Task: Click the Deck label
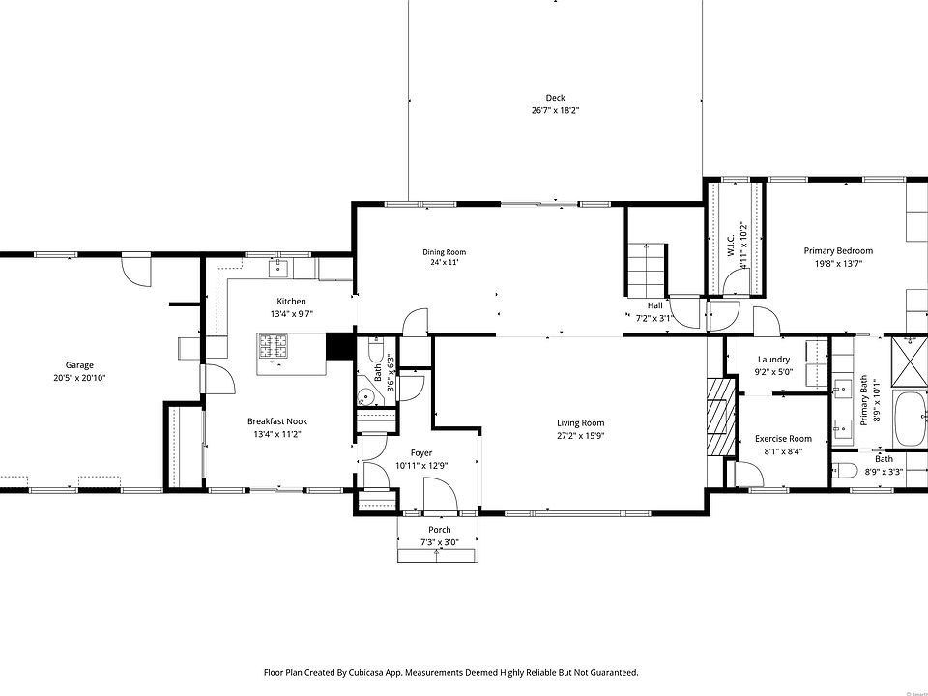click(x=555, y=98)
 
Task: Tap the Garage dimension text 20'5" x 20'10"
click(x=79, y=378)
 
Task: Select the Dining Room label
click(x=444, y=252)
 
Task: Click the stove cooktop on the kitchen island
click(x=273, y=346)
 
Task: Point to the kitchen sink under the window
click(x=278, y=268)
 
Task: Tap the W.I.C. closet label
click(x=731, y=246)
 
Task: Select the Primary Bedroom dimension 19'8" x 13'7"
click(x=838, y=264)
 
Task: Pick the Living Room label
click(x=581, y=423)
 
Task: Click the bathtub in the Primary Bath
click(x=911, y=419)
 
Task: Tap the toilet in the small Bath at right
click(x=845, y=471)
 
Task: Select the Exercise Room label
click(x=783, y=439)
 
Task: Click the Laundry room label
click(x=773, y=360)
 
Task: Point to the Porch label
click(x=439, y=530)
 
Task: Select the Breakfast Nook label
click(x=277, y=421)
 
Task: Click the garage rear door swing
click(x=136, y=271)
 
